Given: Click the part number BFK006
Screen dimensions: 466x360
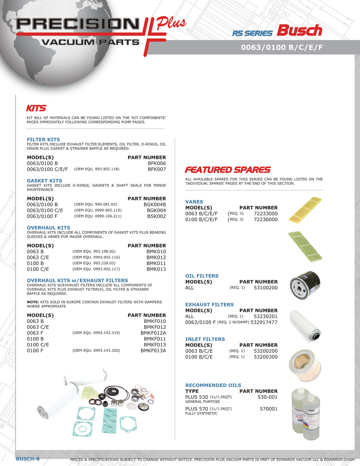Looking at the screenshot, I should tap(157, 163).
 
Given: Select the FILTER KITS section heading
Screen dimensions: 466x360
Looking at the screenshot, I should tap(44, 140).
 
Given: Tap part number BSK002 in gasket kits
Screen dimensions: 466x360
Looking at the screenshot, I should tap(157, 216).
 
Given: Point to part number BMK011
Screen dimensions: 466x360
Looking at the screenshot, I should tap(156, 263).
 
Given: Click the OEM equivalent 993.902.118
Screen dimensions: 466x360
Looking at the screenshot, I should tap(96, 169).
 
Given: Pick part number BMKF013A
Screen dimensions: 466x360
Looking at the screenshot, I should tap(153, 350).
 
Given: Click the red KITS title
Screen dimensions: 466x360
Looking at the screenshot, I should tap(36, 108).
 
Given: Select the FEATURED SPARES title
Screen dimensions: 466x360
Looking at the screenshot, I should tap(228, 170).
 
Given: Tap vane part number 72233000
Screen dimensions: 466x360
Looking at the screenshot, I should tap(266, 214).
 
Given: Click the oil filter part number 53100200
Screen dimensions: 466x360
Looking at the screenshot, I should tap(266, 288).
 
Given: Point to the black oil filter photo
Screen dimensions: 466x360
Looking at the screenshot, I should tap(305, 285).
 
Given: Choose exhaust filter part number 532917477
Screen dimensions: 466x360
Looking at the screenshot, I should tap(264, 322).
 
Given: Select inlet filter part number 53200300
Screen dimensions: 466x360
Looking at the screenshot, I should tap(266, 357).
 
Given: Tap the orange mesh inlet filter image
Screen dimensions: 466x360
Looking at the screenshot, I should tap(305, 364).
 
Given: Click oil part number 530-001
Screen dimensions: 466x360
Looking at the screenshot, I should tap(267, 397).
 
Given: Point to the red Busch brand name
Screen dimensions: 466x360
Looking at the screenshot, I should tap(299, 31).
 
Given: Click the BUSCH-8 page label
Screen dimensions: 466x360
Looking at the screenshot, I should tap(28, 459).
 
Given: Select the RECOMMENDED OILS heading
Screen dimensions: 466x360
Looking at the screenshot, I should tap(213, 385).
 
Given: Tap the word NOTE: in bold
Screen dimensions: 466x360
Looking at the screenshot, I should tap(33, 302).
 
